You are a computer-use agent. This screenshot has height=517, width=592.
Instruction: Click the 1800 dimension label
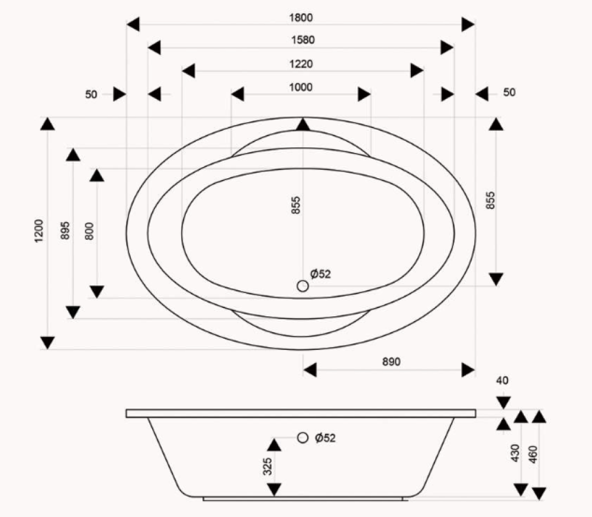point(301,18)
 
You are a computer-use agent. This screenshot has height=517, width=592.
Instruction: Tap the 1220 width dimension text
point(301,64)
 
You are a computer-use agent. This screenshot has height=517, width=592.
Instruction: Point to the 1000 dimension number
point(301,88)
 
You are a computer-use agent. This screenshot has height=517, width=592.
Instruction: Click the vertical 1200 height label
point(39,232)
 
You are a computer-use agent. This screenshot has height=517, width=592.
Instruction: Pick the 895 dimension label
point(65,230)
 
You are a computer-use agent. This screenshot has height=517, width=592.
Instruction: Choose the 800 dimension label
point(89,230)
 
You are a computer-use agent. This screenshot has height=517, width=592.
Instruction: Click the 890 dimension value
point(391,362)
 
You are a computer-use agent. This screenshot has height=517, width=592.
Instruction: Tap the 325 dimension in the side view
point(267,467)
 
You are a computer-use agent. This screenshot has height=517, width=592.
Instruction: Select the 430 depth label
point(514,453)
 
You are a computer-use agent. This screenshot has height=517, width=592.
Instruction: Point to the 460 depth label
point(533,453)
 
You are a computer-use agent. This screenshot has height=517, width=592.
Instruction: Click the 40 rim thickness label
point(503,380)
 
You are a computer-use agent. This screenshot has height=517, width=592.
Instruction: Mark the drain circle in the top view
point(303,286)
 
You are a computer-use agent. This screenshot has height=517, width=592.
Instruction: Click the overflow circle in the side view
point(303,438)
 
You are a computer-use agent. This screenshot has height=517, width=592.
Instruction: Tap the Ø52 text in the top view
point(320,274)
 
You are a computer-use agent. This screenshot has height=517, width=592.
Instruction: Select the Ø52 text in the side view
point(326,438)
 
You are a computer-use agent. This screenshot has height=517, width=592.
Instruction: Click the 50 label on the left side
point(91,94)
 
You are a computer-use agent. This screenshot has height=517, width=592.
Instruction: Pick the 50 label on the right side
point(509,92)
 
